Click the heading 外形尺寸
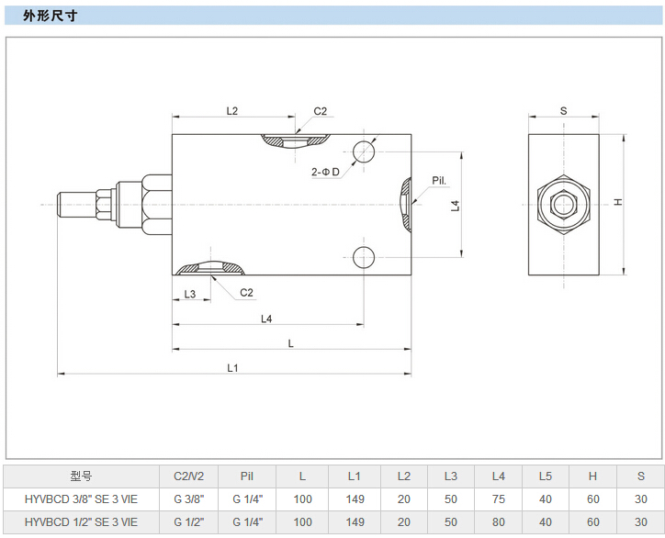click(x=50, y=16)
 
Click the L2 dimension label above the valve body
click(x=232, y=111)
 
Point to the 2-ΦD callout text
click(x=325, y=172)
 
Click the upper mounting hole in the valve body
click(x=365, y=152)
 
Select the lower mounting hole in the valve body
click(x=365, y=256)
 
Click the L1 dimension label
click(x=233, y=368)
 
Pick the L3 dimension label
click(x=190, y=294)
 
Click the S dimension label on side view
click(x=563, y=111)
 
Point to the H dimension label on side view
click(x=619, y=202)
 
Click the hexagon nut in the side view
click(x=564, y=204)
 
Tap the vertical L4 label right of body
click(x=455, y=206)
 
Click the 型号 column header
click(x=82, y=476)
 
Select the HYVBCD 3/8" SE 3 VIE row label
click(x=82, y=499)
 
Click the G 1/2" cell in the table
click(x=189, y=521)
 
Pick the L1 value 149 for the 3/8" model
click(x=355, y=499)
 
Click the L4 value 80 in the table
click(x=499, y=521)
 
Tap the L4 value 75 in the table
click(x=499, y=499)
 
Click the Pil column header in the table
click(x=246, y=476)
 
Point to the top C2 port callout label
click(x=320, y=111)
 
